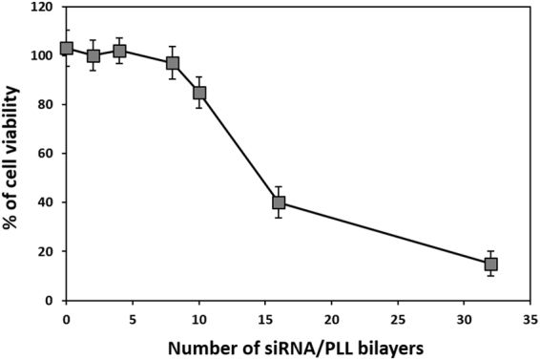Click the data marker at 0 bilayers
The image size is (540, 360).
[67, 48]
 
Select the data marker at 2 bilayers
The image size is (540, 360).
[93, 55]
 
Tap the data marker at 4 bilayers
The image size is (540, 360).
[119, 51]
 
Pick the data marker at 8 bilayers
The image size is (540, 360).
[173, 63]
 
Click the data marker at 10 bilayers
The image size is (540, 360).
[199, 93]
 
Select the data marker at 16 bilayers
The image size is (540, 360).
[279, 202]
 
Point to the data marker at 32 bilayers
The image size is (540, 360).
[491, 264]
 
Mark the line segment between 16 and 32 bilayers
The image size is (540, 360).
[384, 233]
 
